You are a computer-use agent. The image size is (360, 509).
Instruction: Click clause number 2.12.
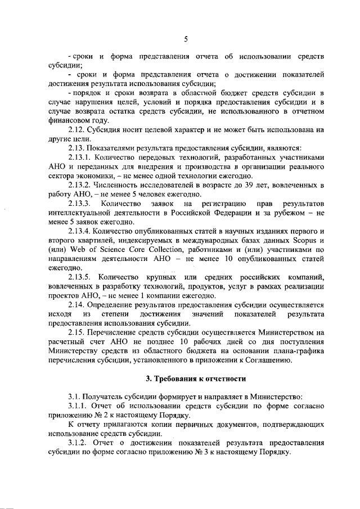pos(76,129)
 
